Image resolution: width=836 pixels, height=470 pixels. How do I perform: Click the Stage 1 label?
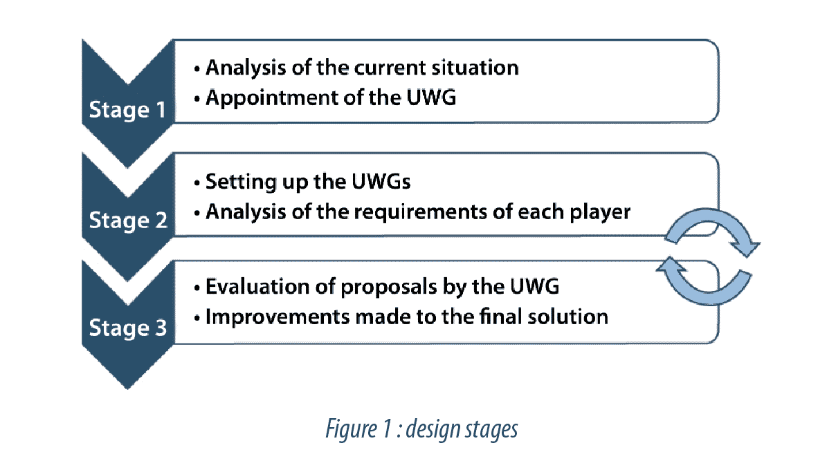[127, 110]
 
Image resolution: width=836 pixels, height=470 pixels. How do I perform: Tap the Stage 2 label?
[128, 220]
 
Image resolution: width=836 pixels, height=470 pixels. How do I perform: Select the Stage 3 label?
[127, 328]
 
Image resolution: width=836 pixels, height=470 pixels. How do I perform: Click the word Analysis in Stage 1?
[246, 68]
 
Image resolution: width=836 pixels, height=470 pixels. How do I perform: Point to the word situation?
[475, 68]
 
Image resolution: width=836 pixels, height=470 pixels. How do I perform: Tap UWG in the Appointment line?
[431, 97]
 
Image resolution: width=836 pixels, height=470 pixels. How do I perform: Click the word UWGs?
[381, 182]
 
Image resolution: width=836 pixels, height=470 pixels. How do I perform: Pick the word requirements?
[420, 213]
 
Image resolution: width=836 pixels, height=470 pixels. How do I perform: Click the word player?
[600, 213]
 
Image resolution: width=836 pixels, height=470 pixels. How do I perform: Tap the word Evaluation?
[257, 287]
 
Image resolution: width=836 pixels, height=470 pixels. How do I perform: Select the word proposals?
[388, 288]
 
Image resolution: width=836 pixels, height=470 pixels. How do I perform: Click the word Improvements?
[278, 317]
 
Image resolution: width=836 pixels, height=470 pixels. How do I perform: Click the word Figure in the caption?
[351, 429]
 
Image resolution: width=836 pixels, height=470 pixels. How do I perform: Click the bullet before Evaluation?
[197, 288]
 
